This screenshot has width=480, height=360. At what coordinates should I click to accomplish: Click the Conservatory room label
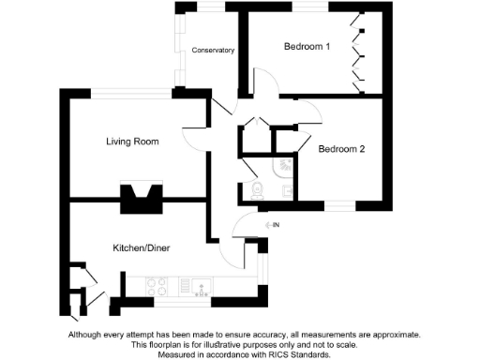212,50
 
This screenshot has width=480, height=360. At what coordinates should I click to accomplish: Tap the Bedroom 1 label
307,47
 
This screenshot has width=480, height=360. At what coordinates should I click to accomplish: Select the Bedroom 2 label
341,148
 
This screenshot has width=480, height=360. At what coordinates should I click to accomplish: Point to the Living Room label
131,142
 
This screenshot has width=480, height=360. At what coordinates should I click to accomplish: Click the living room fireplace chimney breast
141,196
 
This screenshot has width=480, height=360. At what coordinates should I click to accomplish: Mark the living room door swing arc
194,137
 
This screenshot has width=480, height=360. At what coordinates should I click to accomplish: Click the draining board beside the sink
183,283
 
